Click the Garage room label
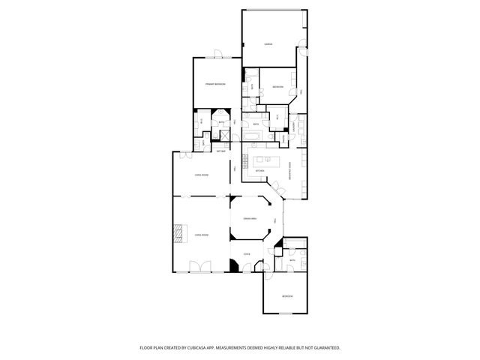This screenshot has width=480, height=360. tap(268, 45)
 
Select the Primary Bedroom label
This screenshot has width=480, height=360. tap(215, 84)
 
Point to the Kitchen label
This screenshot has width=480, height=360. tap(260, 171)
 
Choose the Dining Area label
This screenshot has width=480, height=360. tap(250, 218)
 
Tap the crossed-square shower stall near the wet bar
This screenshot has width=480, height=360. tap(223, 134)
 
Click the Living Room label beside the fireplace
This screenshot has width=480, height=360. tap(201, 235)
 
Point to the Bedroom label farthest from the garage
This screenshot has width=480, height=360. tap(287, 297)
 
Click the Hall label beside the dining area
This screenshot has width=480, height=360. tap(275, 220)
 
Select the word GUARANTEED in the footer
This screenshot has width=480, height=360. tap(323, 348)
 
